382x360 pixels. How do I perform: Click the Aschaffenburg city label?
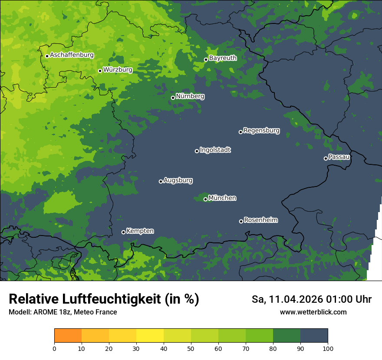72,55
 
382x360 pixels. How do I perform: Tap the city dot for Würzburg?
100,71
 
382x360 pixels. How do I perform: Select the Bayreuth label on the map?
223,58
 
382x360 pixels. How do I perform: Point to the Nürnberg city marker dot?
173,98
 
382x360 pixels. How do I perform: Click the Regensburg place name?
261,130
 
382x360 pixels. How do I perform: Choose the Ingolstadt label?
215,150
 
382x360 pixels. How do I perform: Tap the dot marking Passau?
326,158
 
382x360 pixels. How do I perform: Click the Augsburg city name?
178,180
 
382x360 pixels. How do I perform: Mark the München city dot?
205,200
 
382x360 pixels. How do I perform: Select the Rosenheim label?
260,220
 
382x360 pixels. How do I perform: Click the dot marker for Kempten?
123,232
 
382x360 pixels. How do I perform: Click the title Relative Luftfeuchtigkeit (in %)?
104,299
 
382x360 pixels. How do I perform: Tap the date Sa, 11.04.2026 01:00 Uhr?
311,299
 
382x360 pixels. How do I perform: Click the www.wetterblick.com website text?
313,312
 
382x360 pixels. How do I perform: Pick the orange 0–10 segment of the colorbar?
68,336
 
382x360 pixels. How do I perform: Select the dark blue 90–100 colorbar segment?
314,336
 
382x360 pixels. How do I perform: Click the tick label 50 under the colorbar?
191,348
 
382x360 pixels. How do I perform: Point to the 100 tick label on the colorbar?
328,348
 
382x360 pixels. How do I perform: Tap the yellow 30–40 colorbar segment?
150,336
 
